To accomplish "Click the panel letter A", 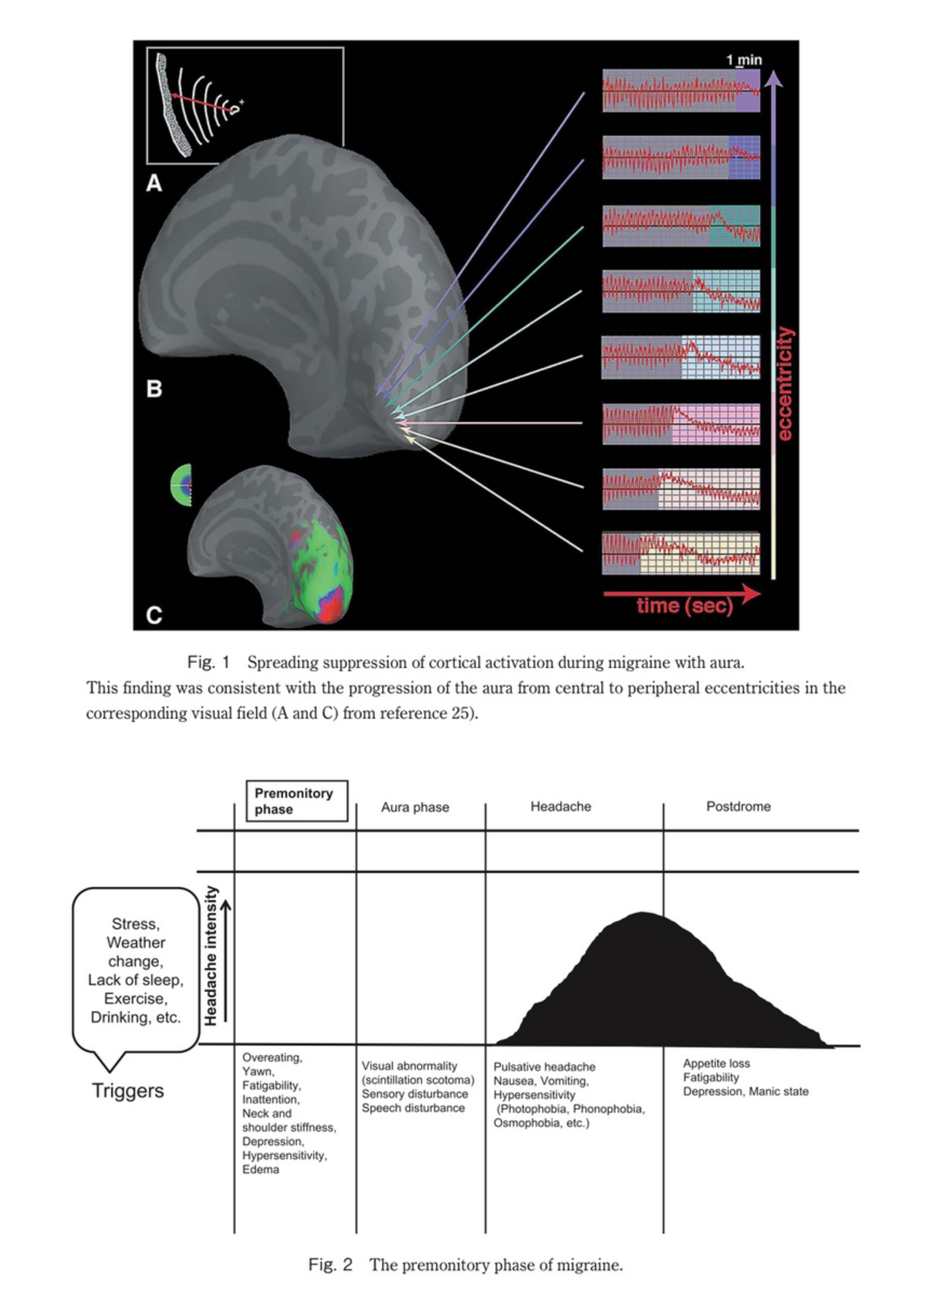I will [x=154, y=182].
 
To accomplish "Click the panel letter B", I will [x=154, y=388].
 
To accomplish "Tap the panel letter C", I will [x=154, y=615].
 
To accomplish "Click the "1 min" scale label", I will [x=744, y=60].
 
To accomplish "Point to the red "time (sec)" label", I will [x=684, y=605].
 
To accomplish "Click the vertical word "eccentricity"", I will [x=785, y=383].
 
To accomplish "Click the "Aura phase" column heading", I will [x=415, y=807].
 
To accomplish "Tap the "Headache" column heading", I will [x=560, y=806].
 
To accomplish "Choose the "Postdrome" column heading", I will [x=738, y=806].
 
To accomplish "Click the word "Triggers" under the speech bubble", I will [x=128, y=1090].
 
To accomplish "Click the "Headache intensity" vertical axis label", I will [x=211, y=955].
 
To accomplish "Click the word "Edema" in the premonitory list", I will [x=260, y=1169].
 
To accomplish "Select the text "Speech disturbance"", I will [x=413, y=1108].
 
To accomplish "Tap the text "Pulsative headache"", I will [x=544, y=1067].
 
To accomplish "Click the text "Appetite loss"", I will [x=716, y=1063].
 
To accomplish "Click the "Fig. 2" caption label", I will [x=330, y=1264].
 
